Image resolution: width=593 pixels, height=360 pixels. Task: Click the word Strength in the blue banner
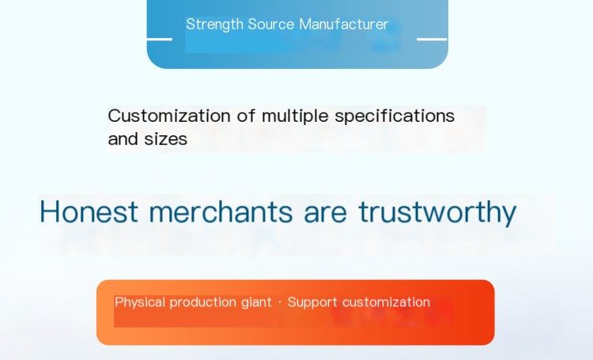pos(214,25)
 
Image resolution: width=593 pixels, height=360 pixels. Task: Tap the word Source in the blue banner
pos(270,25)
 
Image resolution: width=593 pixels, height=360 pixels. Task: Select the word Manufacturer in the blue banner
pos(343,25)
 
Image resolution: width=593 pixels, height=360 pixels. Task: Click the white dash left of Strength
pos(159,39)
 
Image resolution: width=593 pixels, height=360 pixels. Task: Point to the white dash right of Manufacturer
pos(432,39)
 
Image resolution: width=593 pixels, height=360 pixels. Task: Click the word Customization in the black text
pos(169,116)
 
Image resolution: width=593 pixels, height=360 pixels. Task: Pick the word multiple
pos(295,116)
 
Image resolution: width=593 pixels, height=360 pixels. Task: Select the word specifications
pos(395,116)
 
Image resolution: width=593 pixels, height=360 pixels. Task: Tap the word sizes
pos(166,139)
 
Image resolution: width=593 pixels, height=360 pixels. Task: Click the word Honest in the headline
pos(89,211)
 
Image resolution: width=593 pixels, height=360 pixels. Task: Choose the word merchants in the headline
pos(221,211)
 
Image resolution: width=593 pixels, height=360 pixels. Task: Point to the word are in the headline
pos(325,214)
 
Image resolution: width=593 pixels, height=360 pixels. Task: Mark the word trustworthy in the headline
pos(437,213)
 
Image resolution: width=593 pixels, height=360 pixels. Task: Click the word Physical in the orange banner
pos(140,302)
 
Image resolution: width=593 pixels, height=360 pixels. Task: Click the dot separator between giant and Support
pos(280,302)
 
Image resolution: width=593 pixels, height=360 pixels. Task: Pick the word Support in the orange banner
pos(312,303)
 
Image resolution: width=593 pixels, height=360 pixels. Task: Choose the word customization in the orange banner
pos(386,302)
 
